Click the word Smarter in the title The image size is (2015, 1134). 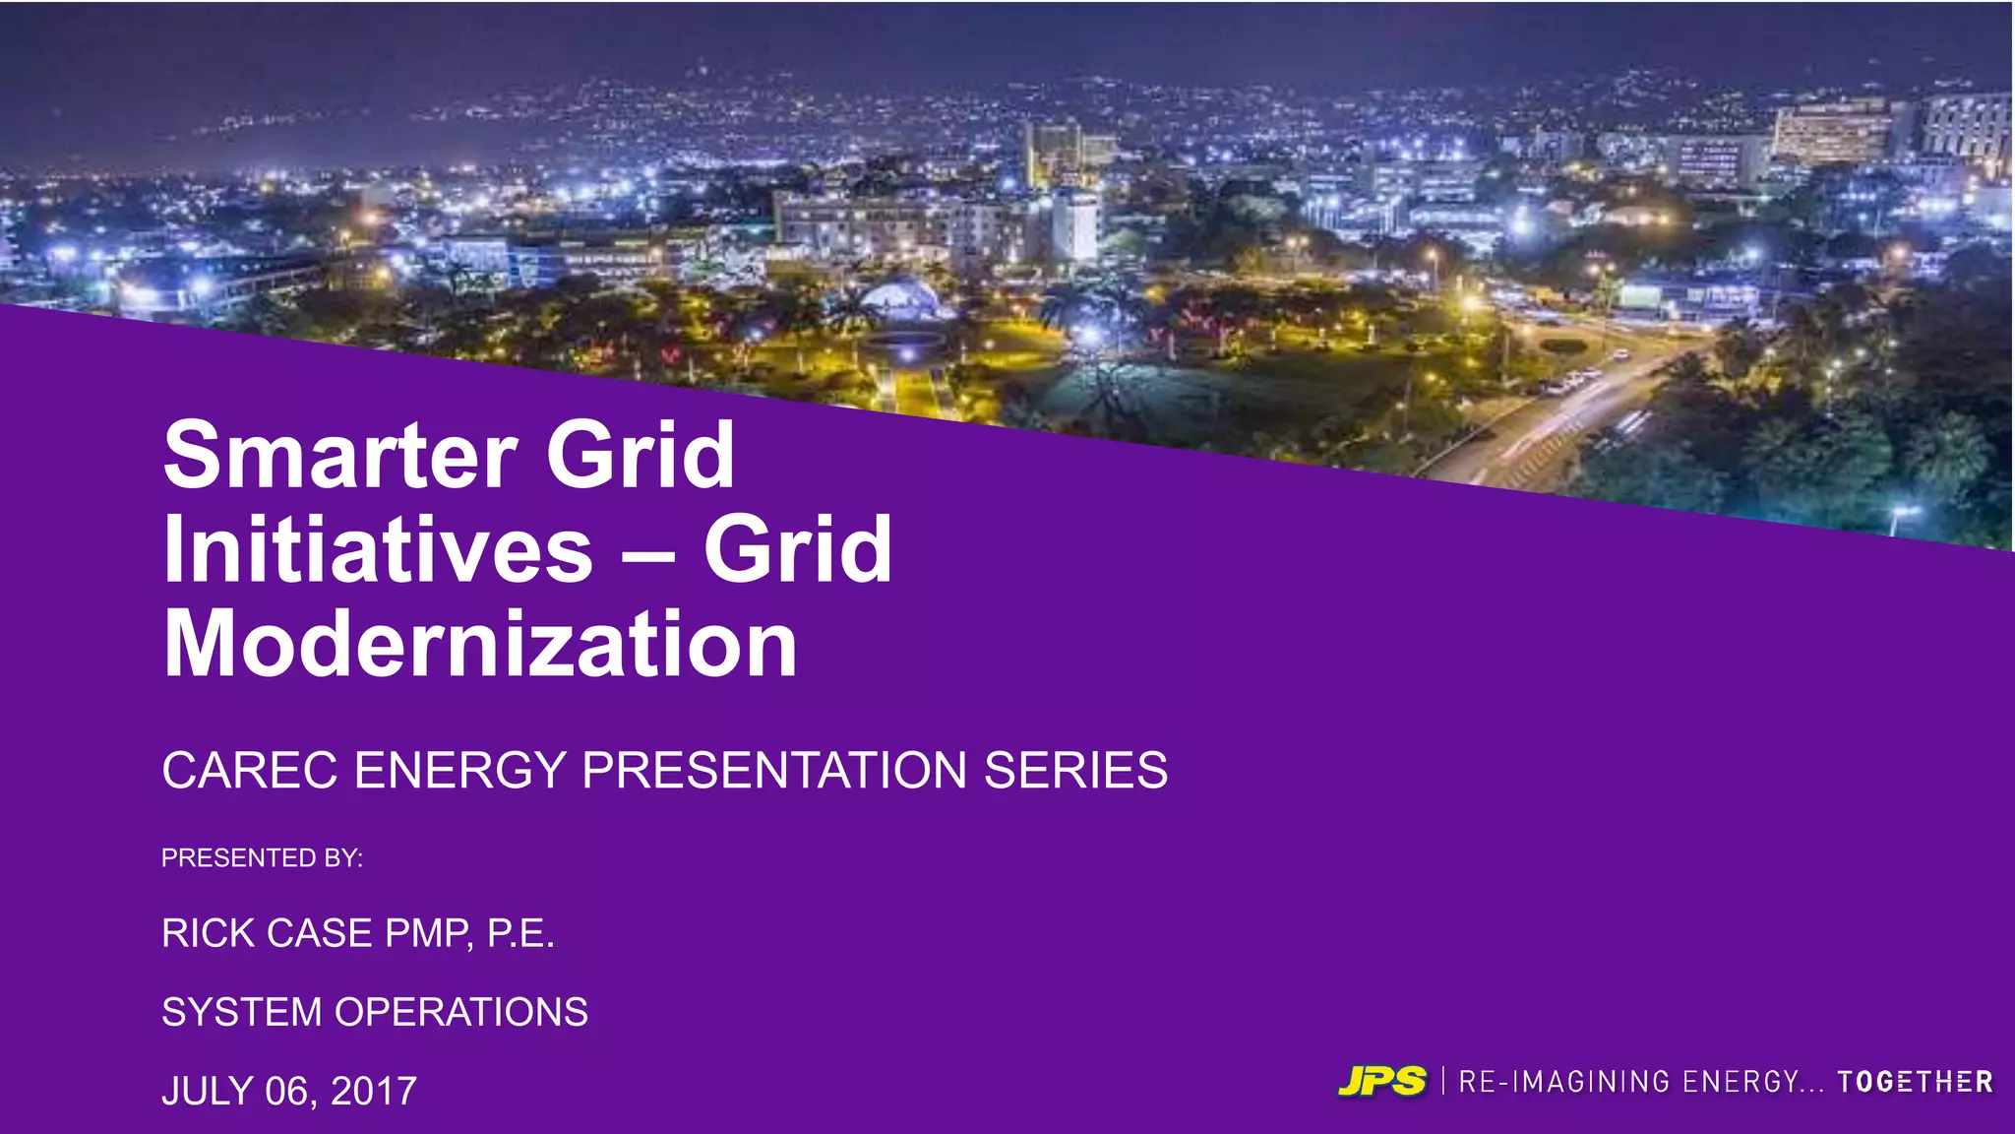click(x=339, y=455)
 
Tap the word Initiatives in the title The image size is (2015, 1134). click(x=378, y=549)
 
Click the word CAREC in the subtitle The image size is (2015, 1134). click(x=250, y=770)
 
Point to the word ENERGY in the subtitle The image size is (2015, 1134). click(x=459, y=770)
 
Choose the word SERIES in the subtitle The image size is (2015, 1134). click(x=1075, y=770)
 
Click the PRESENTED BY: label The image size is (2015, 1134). click(x=262, y=858)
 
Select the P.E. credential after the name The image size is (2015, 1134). click(x=520, y=933)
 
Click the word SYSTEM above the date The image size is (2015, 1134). click(x=242, y=1012)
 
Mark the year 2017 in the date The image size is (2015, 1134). click(x=374, y=1091)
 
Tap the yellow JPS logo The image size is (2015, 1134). click(x=1381, y=1081)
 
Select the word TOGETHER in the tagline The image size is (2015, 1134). click(x=1915, y=1082)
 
